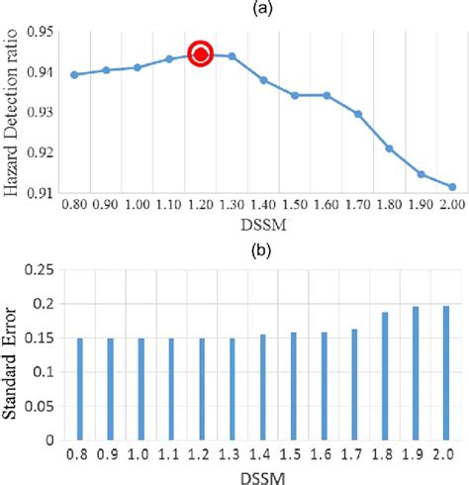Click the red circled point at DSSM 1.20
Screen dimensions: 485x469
click(x=200, y=54)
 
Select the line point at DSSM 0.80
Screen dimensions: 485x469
click(x=74, y=74)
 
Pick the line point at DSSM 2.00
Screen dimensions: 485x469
click(x=452, y=187)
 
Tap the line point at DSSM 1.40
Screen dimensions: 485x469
click(x=263, y=79)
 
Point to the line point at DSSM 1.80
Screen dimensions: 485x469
click(x=389, y=148)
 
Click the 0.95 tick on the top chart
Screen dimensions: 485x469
click(x=39, y=32)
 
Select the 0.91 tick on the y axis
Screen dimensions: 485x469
click(x=39, y=194)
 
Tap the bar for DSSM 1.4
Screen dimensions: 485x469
click(x=262, y=387)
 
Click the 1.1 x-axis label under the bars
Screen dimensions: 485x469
click(x=171, y=453)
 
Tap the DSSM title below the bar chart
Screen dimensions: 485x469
click(x=262, y=474)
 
